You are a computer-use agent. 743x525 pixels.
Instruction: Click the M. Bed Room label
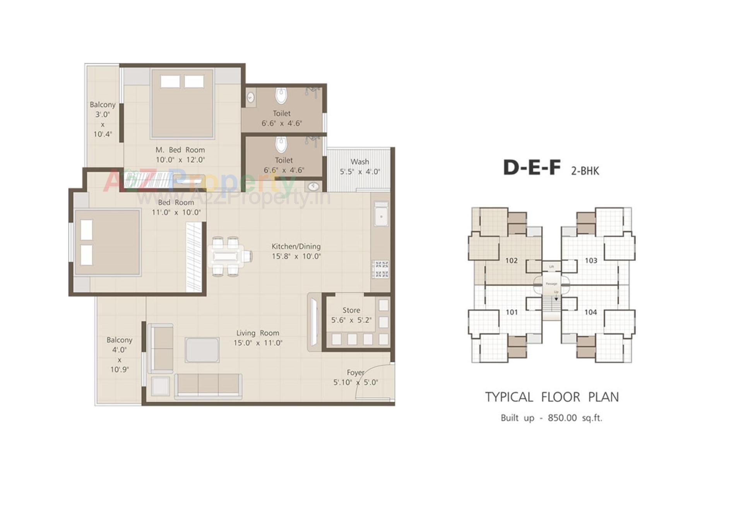180,150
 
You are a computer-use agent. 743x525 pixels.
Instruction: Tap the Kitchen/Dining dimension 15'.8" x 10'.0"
296,256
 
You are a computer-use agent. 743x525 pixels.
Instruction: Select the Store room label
351,310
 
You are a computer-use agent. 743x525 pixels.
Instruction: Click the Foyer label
355,373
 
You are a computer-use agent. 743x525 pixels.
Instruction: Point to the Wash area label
360,162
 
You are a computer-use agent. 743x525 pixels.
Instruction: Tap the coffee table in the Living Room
202,350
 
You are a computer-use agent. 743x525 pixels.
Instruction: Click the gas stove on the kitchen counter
380,270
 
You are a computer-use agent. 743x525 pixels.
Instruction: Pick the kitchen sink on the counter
381,217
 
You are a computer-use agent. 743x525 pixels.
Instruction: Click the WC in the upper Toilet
281,96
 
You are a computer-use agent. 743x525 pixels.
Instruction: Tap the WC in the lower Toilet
281,144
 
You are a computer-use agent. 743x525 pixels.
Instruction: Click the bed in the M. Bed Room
182,104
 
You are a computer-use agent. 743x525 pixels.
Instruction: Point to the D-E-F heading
531,168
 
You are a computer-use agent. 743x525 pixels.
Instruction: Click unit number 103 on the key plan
591,260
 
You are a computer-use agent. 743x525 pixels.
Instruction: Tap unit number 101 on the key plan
511,312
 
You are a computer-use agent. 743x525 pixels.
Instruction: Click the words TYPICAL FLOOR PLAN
552,397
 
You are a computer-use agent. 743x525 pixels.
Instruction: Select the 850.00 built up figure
562,418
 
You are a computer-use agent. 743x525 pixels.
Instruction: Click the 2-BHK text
585,171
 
